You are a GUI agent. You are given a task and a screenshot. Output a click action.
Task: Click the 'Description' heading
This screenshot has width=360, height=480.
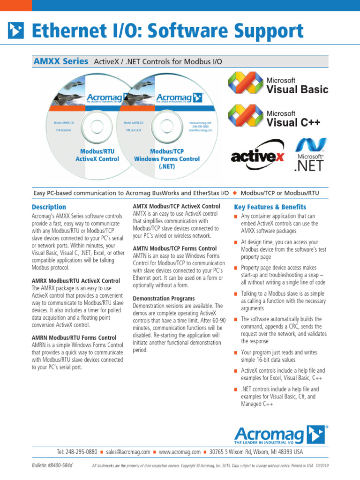click(x=49, y=207)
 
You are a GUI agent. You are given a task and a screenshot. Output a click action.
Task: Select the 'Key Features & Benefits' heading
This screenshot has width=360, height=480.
click(x=270, y=207)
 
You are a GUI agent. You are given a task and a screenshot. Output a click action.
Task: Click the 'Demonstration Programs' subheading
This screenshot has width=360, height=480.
click(x=164, y=298)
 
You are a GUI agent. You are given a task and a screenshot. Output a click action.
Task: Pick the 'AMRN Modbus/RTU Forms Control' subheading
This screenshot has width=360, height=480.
click(x=74, y=337)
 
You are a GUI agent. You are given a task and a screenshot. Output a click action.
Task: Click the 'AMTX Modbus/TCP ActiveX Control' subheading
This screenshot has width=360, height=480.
click(x=176, y=206)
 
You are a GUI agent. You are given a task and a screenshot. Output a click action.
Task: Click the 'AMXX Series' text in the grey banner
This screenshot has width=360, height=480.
click(x=61, y=61)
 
